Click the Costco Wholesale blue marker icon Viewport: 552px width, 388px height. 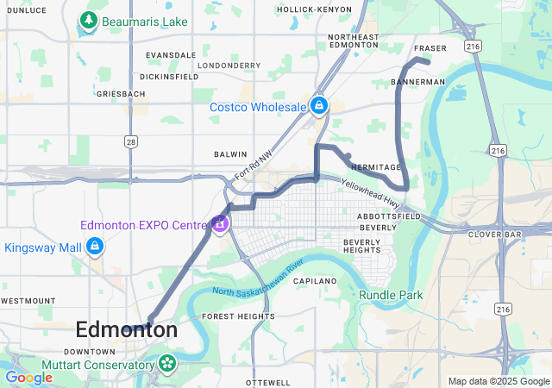click(x=319, y=106)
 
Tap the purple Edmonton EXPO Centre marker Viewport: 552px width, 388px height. click(x=220, y=224)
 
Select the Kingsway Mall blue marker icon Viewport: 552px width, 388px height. click(x=95, y=247)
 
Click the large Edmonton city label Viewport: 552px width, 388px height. click(x=127, y=329)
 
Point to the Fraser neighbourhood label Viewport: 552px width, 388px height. click(x=430, y=48)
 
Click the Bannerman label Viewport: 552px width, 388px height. click(x=417, y=82)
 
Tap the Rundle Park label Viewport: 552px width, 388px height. click(x=391, y=295)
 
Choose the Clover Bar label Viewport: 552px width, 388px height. click(x=491, y=234)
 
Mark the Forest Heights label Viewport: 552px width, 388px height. click(x=238, y=316)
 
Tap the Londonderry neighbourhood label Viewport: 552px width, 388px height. click(x=229, y=65)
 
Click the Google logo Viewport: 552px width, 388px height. click(x=28, y=378)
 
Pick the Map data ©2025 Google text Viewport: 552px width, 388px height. click(x=498, y=381)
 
